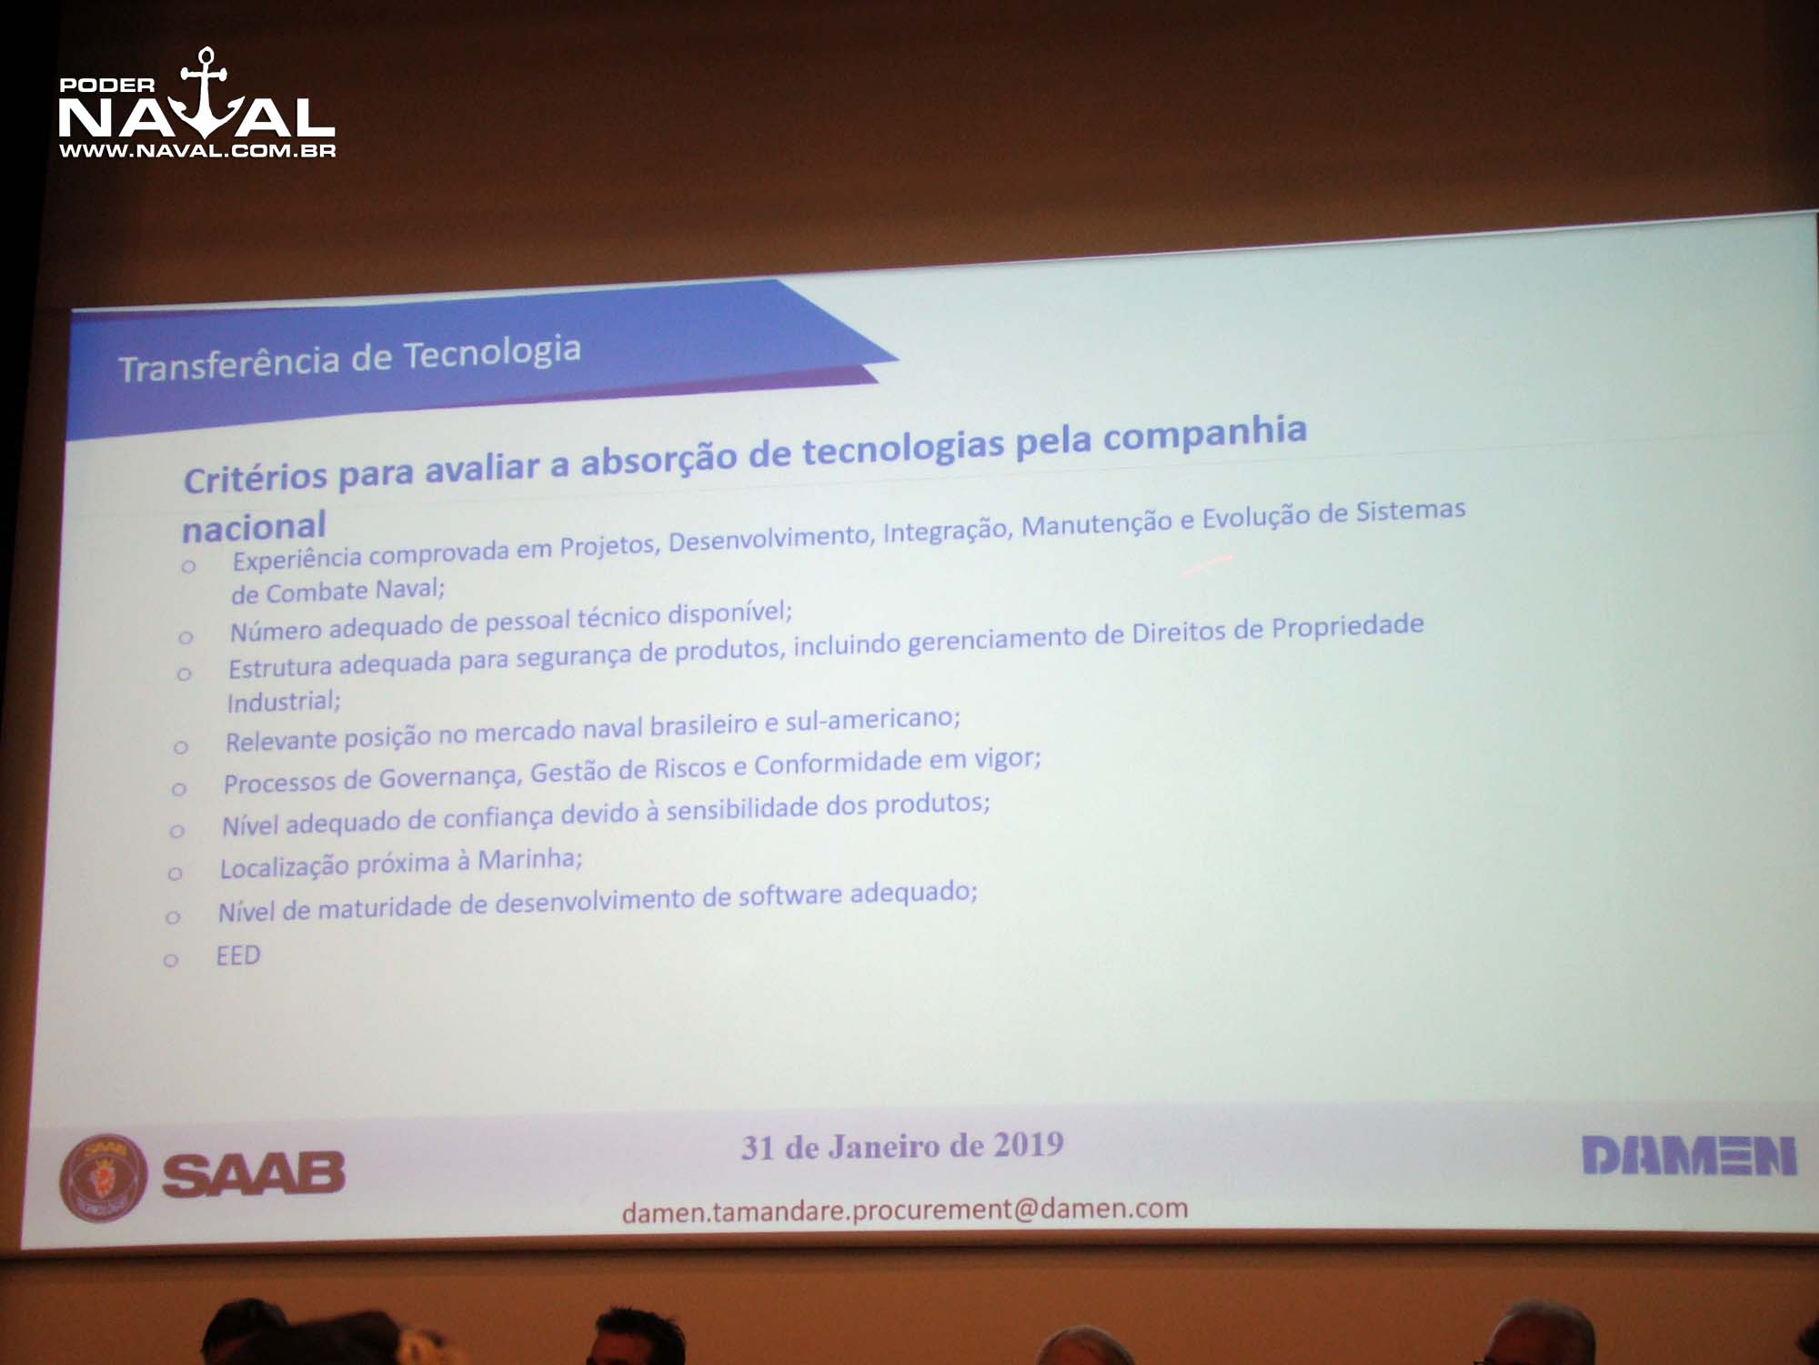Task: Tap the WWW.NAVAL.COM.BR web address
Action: pos(197,151)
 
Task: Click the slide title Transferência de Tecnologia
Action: pos(350,359)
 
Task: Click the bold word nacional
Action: pos(254,527)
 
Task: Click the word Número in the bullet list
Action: pos(275,631)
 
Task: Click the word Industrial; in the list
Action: pos(284,702)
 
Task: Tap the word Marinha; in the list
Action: pos(530,860)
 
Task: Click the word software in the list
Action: pos(789,896)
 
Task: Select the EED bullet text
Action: pos(238,955)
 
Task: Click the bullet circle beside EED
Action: pos(170,961)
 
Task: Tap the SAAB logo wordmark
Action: pos(254,1174)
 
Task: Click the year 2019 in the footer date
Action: pos(1028,1144)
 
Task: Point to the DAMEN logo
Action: pos(1689,1156)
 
